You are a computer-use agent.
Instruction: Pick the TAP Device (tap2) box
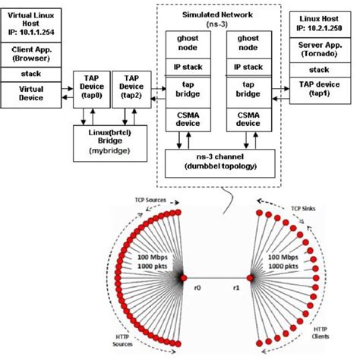point(131,89)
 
